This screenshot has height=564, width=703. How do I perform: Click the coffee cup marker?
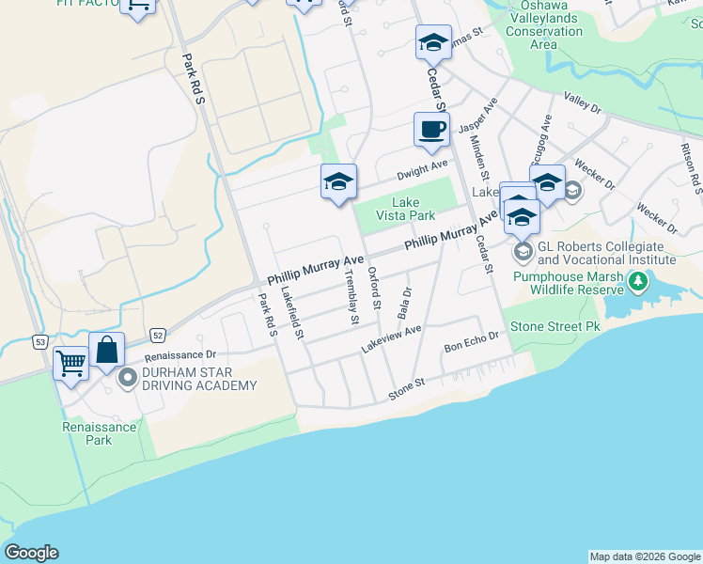(431, 130)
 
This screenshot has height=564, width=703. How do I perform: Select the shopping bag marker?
(107, 350)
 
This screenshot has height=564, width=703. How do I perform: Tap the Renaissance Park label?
(100, 433)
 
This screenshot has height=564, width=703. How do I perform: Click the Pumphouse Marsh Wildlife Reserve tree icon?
(639, 280)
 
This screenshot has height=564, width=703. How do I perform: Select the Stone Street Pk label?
(554, 327)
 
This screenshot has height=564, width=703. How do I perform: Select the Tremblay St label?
(351, 296)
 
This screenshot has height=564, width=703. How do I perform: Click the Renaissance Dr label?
(180, 356)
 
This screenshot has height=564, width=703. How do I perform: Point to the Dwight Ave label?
(422, 168)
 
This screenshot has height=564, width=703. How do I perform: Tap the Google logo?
(31, 553)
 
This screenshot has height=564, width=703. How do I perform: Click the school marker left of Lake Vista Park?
(338, 182)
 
